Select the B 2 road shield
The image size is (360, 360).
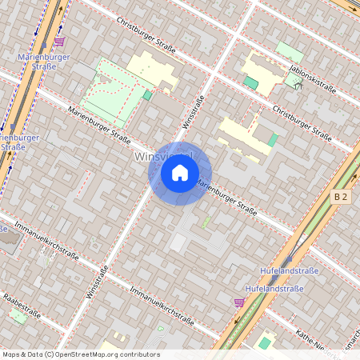[342, 196]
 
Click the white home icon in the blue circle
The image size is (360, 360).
[179, 173]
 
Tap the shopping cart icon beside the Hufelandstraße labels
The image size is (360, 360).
[238, 302]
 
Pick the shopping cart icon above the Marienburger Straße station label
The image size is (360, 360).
[58, 41]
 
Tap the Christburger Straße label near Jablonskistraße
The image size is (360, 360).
[301, 120]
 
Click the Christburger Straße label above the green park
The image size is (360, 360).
[144, 34]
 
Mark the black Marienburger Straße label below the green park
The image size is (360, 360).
[98, 125]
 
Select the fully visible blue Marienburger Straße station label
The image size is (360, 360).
[45, 62]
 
